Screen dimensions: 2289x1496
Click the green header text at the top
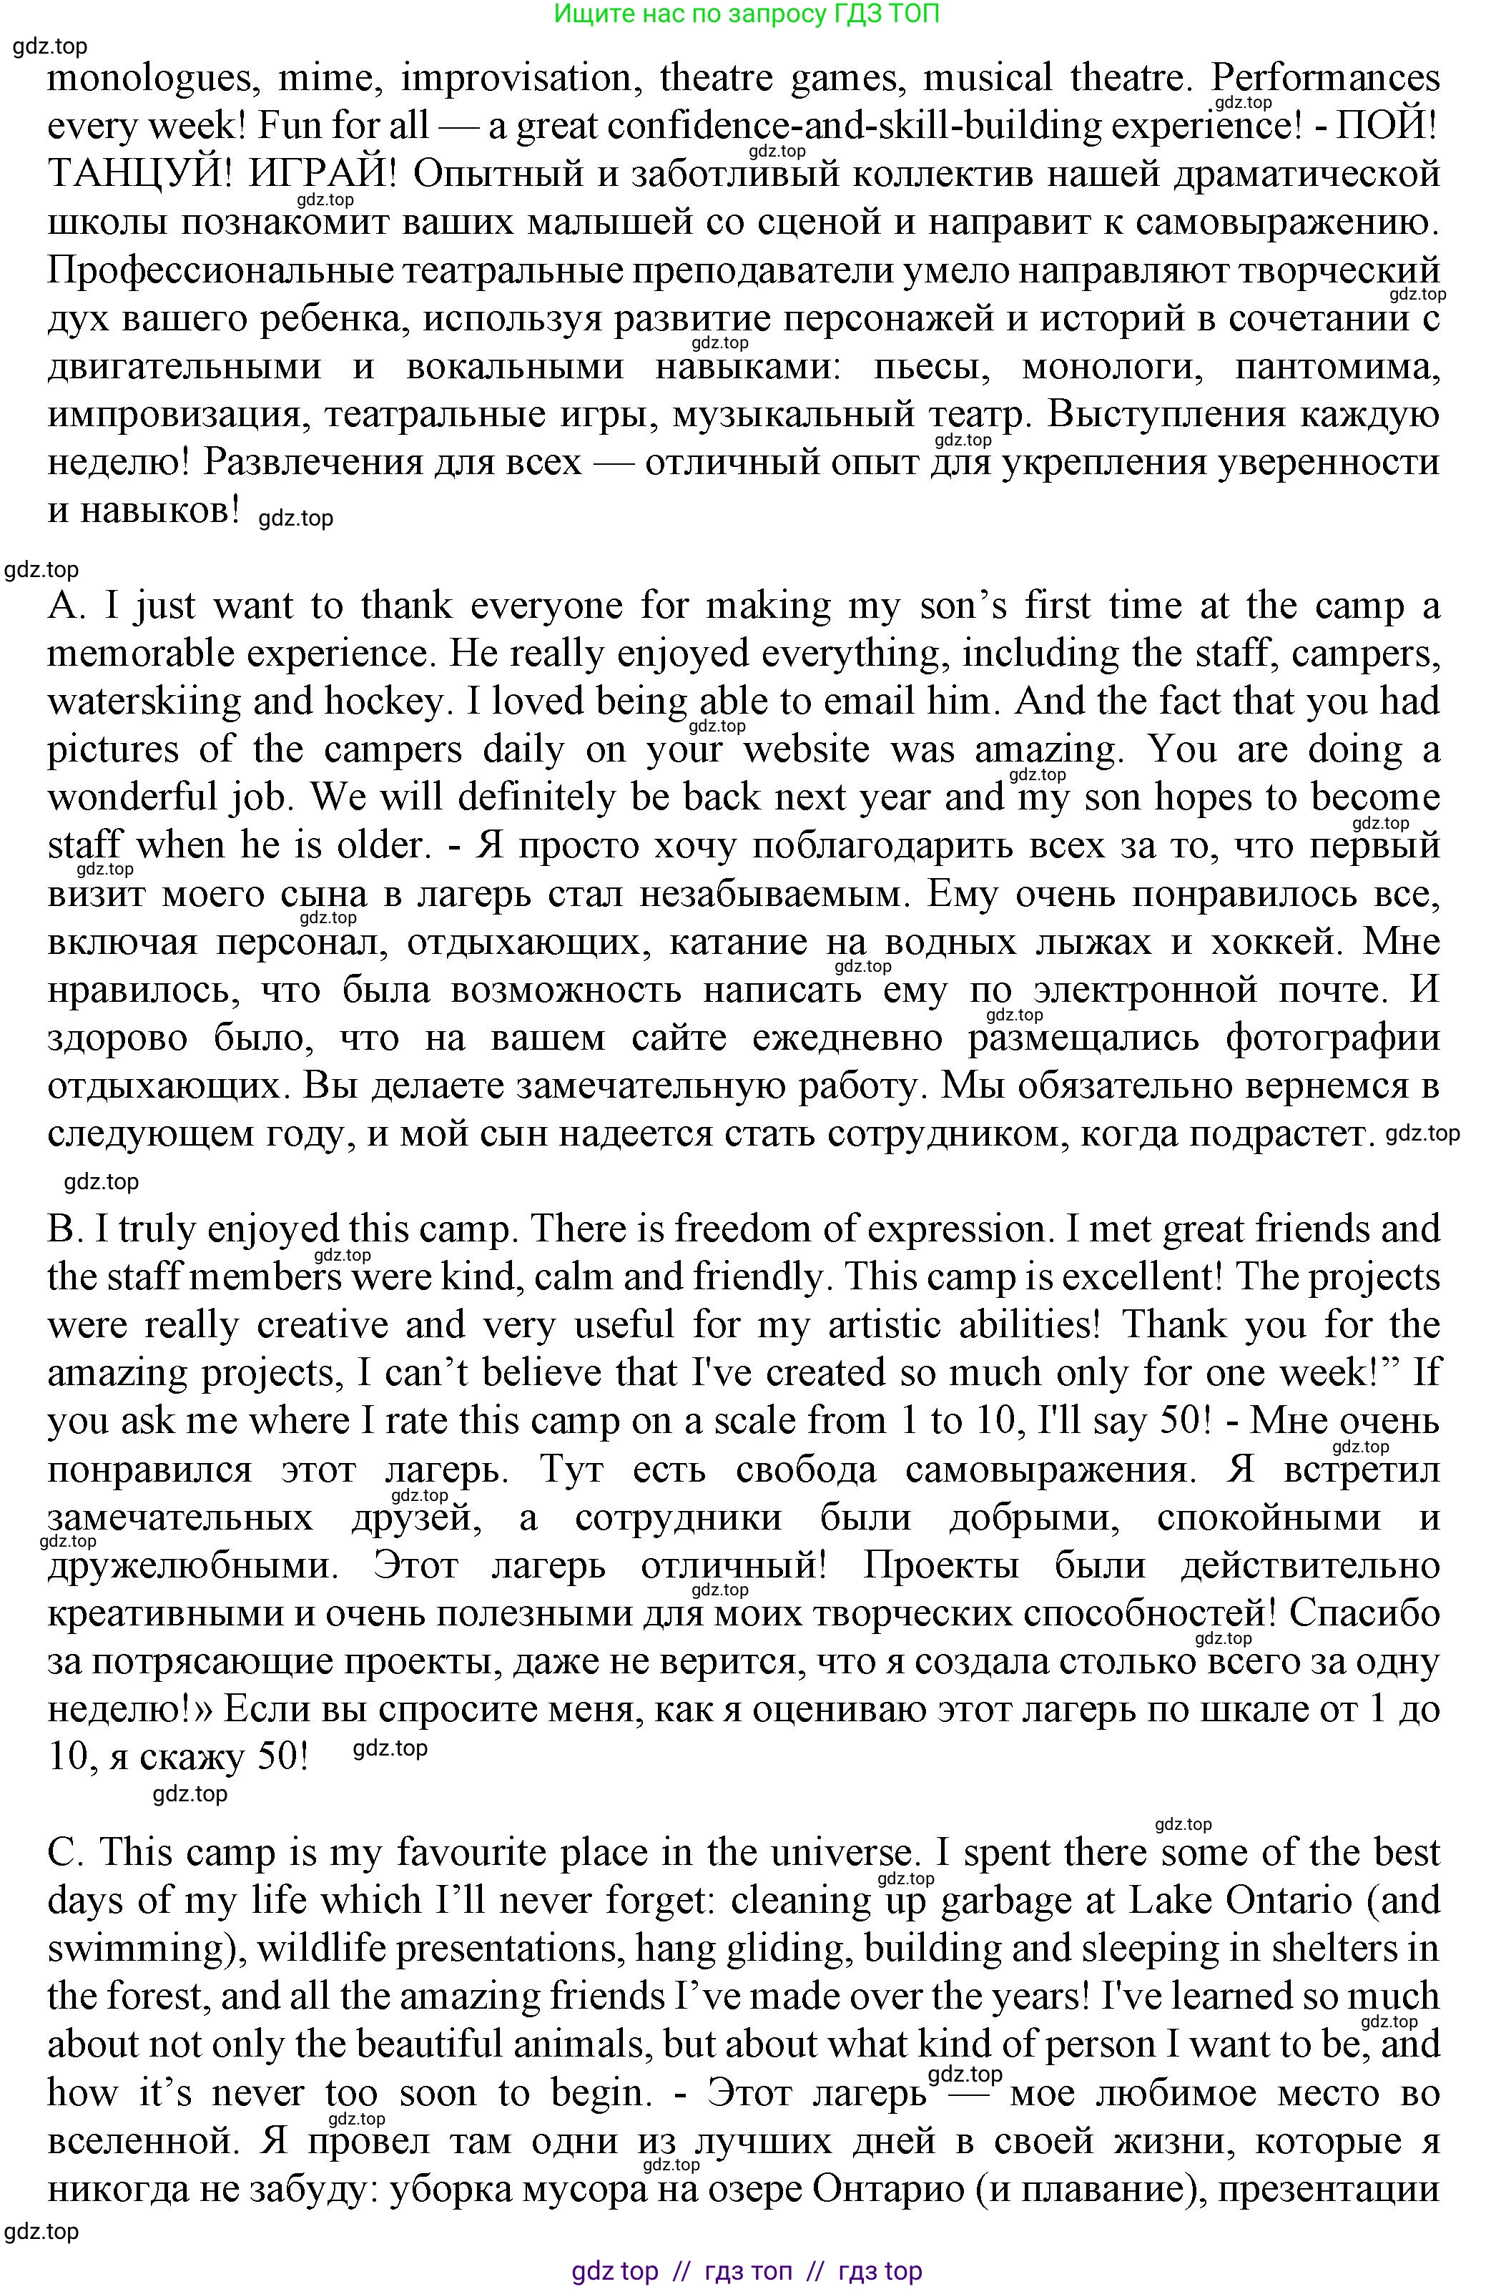pyautogui.click(x=747, y=14)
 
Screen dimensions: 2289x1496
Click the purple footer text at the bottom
pyautogui.click(x=747, y=2272)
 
